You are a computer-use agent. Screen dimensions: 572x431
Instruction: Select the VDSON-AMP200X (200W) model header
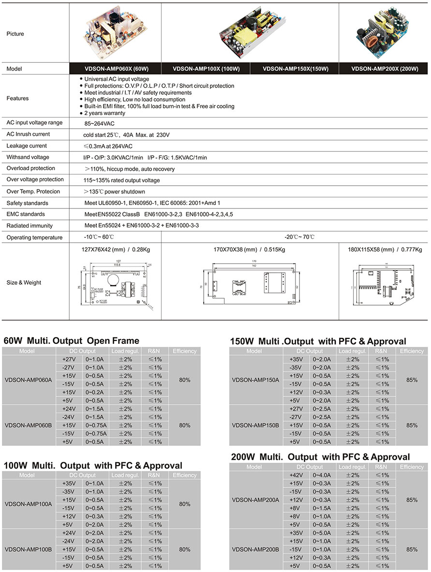click(x=384, y=69)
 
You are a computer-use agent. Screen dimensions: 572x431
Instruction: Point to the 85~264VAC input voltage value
click(x=99, y=124)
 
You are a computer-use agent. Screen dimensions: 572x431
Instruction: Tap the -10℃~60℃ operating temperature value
click(x=99, y=237)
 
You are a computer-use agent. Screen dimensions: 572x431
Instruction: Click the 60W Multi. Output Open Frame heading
click(x=72, y=341)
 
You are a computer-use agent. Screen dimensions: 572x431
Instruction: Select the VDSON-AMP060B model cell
click(x=28, y=425)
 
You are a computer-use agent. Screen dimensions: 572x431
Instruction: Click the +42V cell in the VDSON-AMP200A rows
click(x=296, y=475)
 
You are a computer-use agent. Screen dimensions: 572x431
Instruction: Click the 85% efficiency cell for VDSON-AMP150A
click(x=412, y=380)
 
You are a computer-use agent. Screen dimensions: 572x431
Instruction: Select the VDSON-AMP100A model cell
click(x=28, y=504)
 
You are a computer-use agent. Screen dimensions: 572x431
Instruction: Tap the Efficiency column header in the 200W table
click(x=412, y=467)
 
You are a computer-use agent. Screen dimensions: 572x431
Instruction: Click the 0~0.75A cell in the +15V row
click(x=96, y=425)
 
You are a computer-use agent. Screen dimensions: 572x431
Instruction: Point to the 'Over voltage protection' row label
click(x=35, y=179)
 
